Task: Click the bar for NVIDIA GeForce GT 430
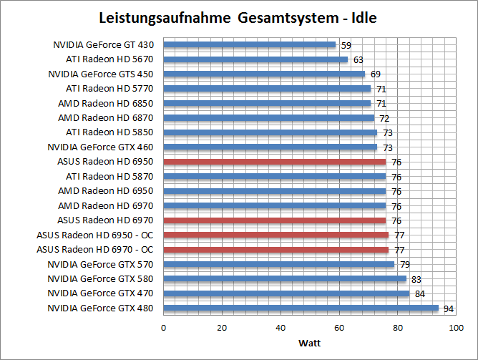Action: click(249, 44)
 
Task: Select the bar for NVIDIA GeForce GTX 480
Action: click(301, 308)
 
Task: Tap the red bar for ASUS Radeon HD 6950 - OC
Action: click(275, 235)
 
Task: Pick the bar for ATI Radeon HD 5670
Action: click(255, 59)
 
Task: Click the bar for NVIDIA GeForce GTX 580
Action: click(285, 279)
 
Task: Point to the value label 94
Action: click(449, 309)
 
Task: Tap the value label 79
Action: click(405, 265)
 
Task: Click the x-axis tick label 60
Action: click(339, 328)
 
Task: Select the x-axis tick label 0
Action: click(164, 328)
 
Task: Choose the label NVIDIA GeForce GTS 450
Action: click(101, 74)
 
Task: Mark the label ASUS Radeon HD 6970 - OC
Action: click(95, 250)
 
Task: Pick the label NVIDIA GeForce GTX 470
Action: click(101, 293)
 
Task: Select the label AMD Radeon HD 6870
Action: click(106, 117)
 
